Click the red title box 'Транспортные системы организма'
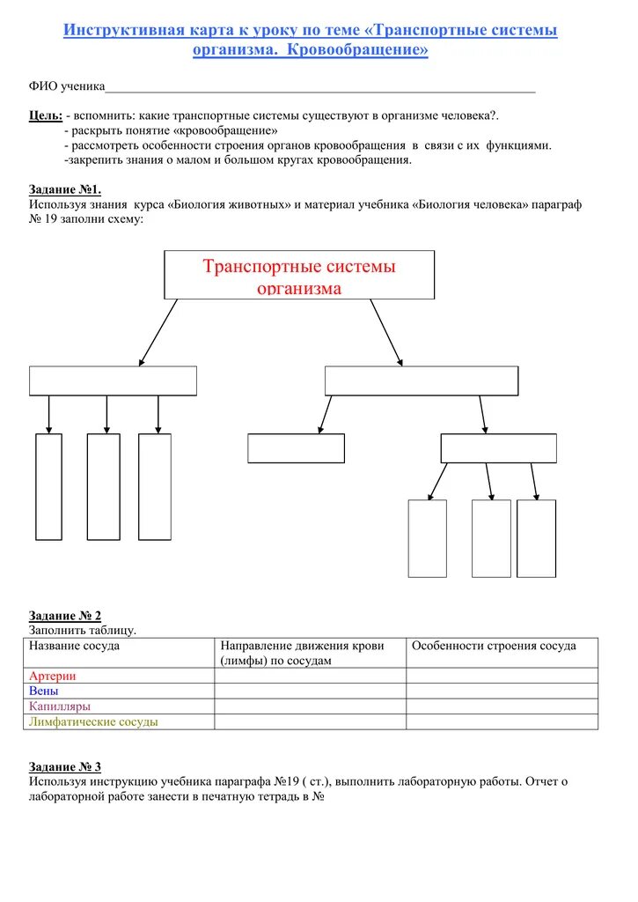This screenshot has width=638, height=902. (x=299, y=275)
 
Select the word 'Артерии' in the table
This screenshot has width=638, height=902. (x=53, y=676)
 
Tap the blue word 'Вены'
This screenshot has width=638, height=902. (x=43, y=691)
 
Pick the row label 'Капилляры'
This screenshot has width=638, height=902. (x=60, y=706)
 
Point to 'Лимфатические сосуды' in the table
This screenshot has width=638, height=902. (x=93, y=721)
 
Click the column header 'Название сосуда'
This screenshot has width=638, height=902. (x=75, y=646)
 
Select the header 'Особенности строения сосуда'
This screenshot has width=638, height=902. (x=494, y=646)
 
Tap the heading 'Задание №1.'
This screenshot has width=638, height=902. (x=65, y=189)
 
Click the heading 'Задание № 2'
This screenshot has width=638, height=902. (x=65, y=616)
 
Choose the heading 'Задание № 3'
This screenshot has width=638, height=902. (x=65, y=766)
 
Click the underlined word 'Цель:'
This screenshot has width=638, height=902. (x=45, y=115)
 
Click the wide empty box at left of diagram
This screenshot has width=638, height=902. (x=113, y=381)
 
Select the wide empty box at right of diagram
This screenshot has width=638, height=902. (x=422, y=381)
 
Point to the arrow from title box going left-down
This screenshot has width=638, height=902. (x=158, y=332)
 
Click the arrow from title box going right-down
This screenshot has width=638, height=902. (x=386, y=332)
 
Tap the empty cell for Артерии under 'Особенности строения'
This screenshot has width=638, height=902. (x=502, y=676)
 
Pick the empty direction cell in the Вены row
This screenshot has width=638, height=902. (x=310, y=691)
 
